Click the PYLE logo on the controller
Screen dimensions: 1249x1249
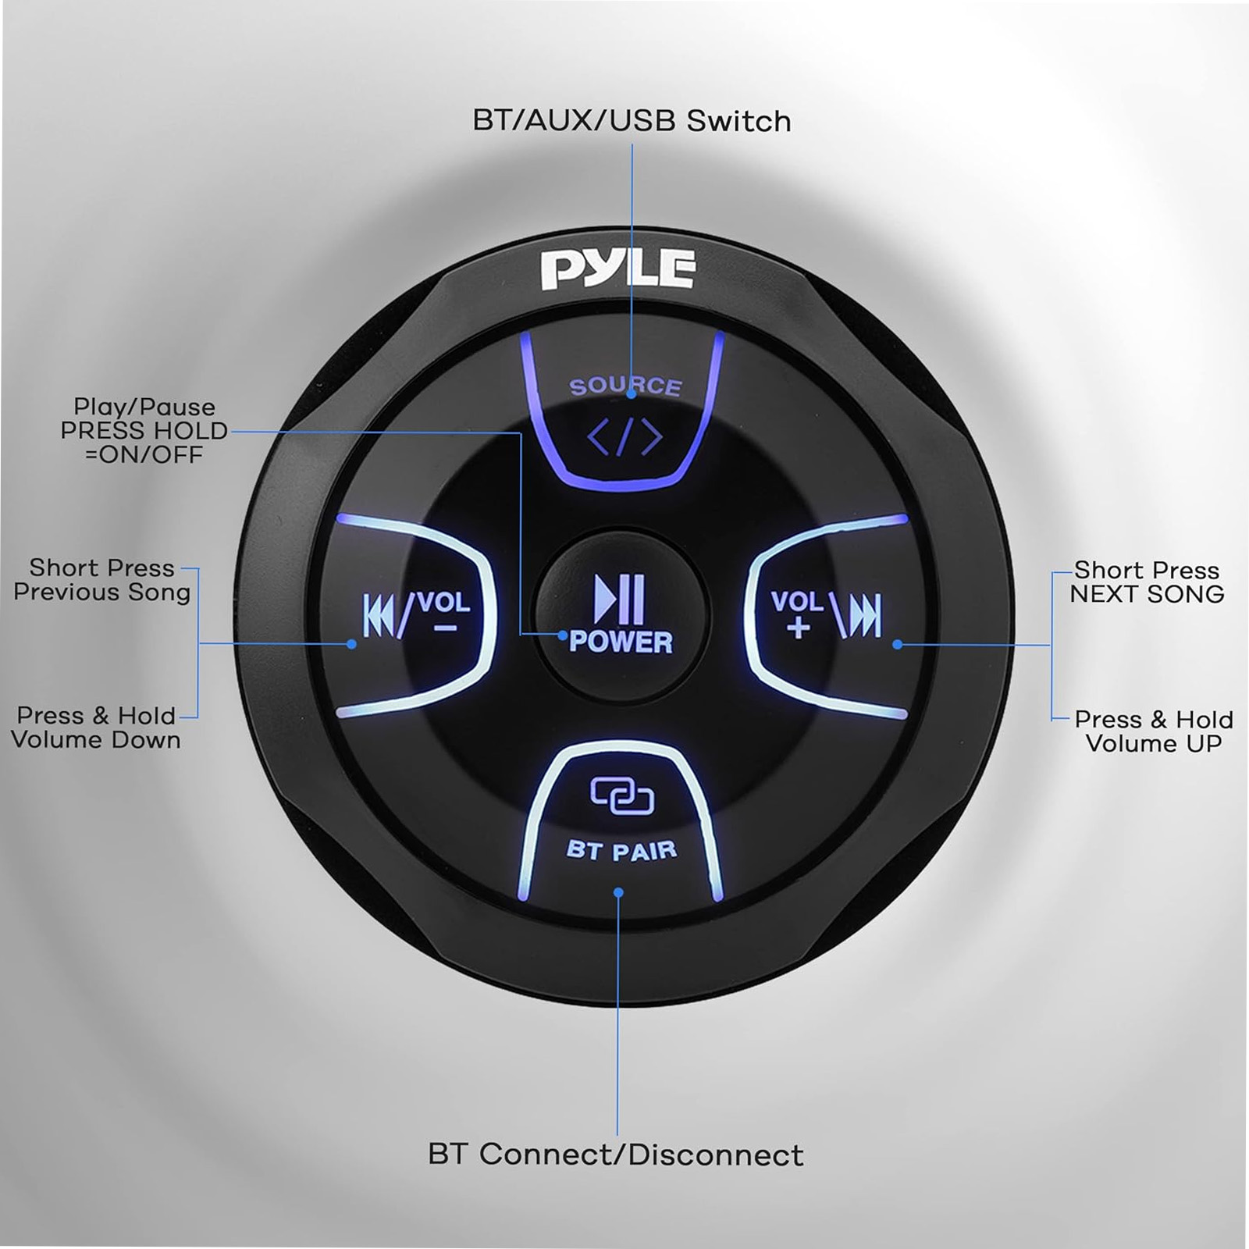[617, 269]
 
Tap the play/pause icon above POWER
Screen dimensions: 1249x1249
[620, 600]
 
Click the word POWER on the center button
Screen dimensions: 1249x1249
[621, 642]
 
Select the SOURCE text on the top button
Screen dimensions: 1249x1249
[625, 386]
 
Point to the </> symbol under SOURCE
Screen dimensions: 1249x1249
[624, 438]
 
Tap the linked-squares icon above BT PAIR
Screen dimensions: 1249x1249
[621, 796]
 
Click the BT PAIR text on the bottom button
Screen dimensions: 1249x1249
[621, 849]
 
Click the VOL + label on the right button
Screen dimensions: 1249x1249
[797, 614]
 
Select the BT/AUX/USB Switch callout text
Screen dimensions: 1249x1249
[632, 122]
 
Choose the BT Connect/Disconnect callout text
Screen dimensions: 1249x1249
[616, 1155]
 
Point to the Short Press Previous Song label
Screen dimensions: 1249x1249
[102, 580]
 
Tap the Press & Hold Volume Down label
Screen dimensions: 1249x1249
[96, 728]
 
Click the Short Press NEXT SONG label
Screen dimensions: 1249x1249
[1147, 582]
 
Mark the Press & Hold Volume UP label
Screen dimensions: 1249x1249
[1154, 731]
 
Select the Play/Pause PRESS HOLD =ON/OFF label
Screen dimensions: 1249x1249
[144, 430]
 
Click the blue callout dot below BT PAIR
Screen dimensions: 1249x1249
[618, 892]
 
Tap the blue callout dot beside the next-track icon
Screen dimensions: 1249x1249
[898, 645]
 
